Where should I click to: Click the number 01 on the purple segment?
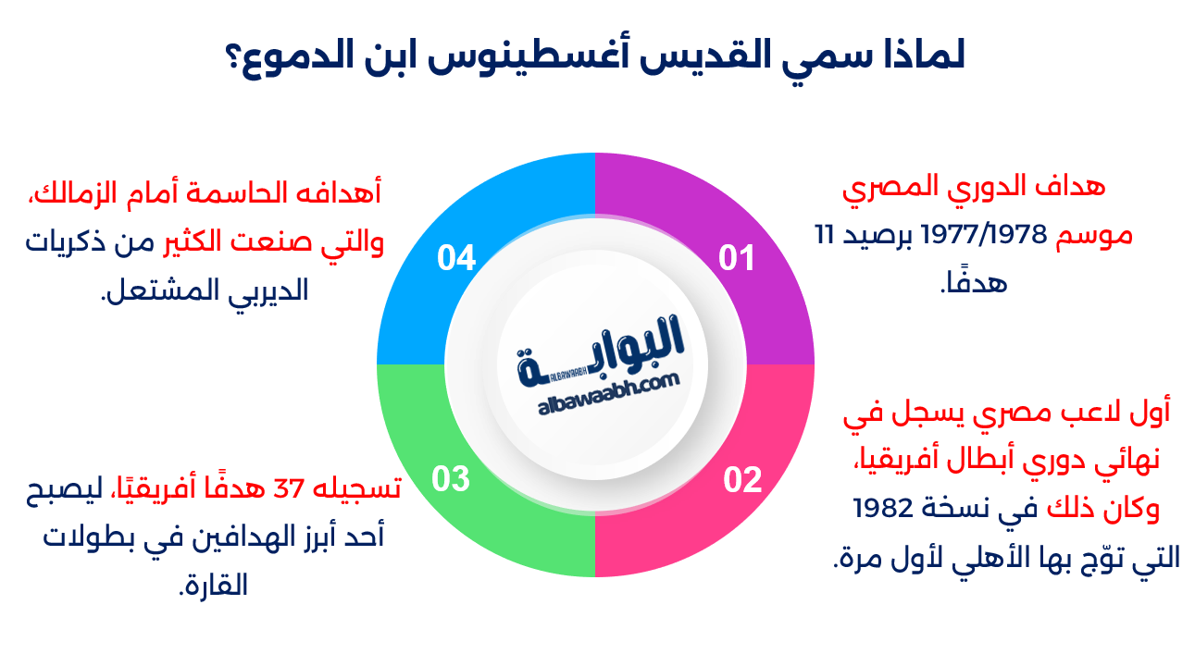click(x=737, y=258)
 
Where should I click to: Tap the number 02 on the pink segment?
click(x=742, y=479)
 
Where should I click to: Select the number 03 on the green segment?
click(x=452, y=479)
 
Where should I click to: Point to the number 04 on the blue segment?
click(x=456, y=258)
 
